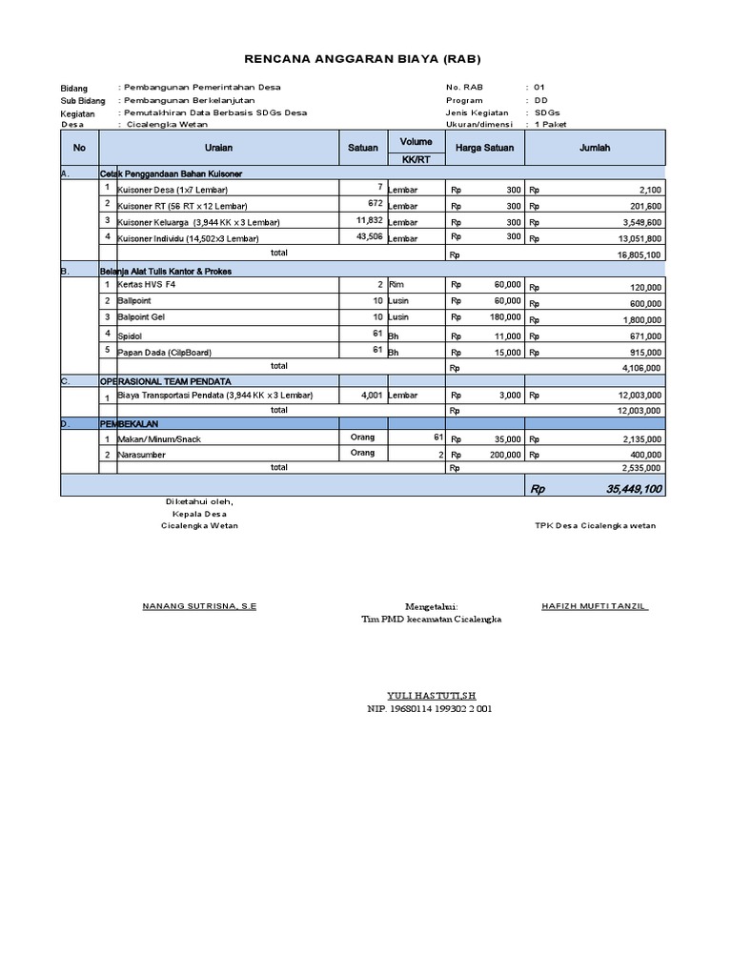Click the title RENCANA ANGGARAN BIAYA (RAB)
[x=364, y=57]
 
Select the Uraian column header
[x=218, y=149]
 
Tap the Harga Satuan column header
[x=484, y=149]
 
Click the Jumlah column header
[x=595, y=149]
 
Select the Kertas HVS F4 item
[x=148, y=285]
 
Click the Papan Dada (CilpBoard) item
[x=164, y=351]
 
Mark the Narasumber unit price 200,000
[x=504, y=455]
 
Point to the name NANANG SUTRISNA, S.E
[x=199, y=606]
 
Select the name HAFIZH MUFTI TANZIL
[x=595, y=606]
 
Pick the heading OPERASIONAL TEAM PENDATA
[x=165, y=381]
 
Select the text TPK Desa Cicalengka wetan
[x=595, y=526]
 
